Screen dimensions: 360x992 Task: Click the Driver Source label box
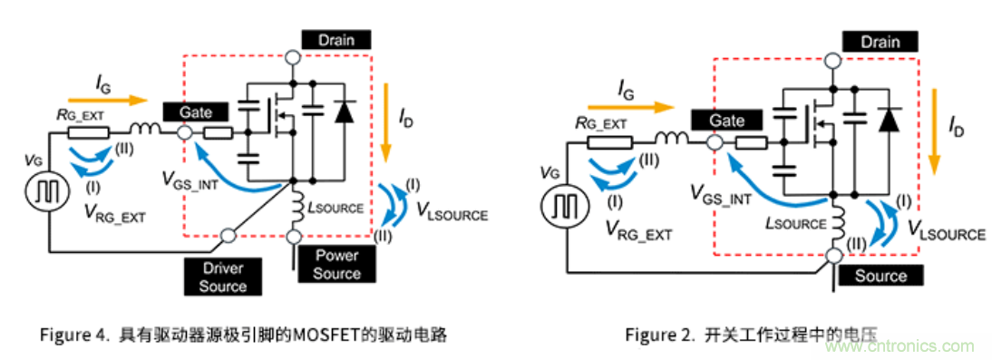tap(223, 277)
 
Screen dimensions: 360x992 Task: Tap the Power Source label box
tap(336, 264)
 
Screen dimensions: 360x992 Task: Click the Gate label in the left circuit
tap(195, 112)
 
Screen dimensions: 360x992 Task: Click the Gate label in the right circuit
tap(728, 121)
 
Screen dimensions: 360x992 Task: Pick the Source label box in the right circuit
tap(880, 276)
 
